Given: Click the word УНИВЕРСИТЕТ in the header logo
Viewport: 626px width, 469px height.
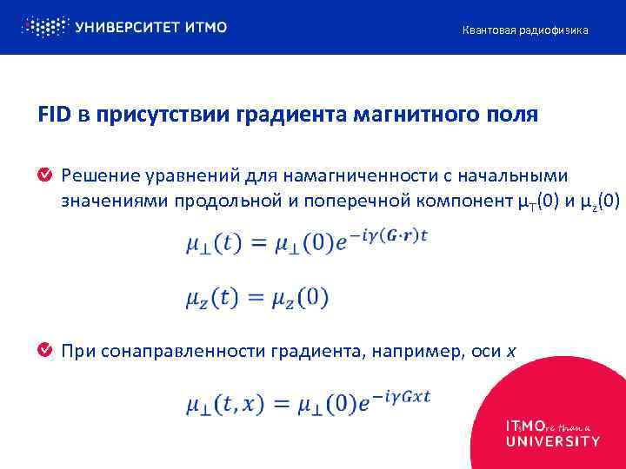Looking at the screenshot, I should tap(127, 27).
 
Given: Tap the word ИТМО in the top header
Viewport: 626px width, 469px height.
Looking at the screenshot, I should tap(206, 27).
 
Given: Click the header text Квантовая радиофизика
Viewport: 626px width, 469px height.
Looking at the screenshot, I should tap(524, 30).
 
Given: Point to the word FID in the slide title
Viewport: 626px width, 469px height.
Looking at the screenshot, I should tap(54, 115).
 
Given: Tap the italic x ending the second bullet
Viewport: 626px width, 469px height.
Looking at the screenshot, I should tap(511, 352).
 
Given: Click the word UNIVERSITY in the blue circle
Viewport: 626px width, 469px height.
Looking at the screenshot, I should tap(552, 440).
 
